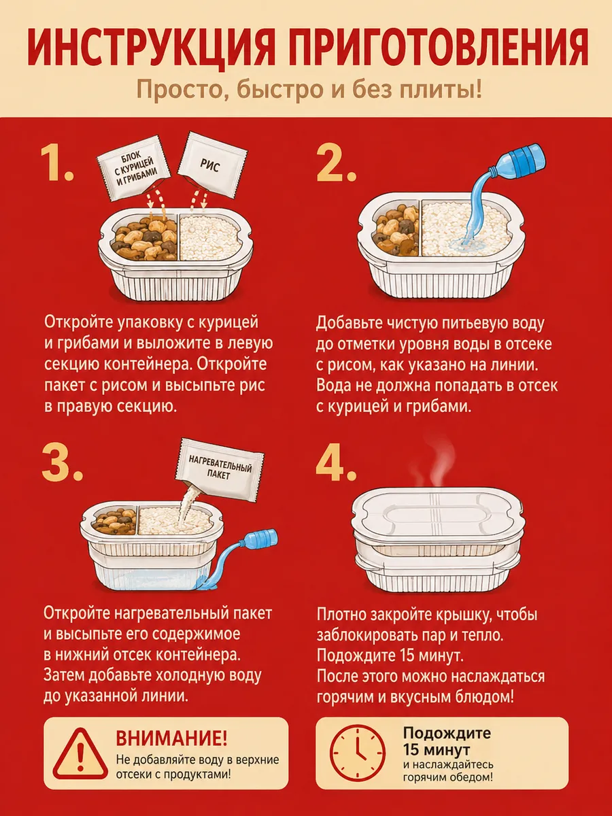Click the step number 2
pyautogui.click(x=336, y=164)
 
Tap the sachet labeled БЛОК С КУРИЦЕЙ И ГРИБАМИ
pyautogui.click(x=134, y=168)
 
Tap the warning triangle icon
pyautogui.click(x=80, y=754)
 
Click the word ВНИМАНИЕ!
pyautogui.click(x=171, y=738)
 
